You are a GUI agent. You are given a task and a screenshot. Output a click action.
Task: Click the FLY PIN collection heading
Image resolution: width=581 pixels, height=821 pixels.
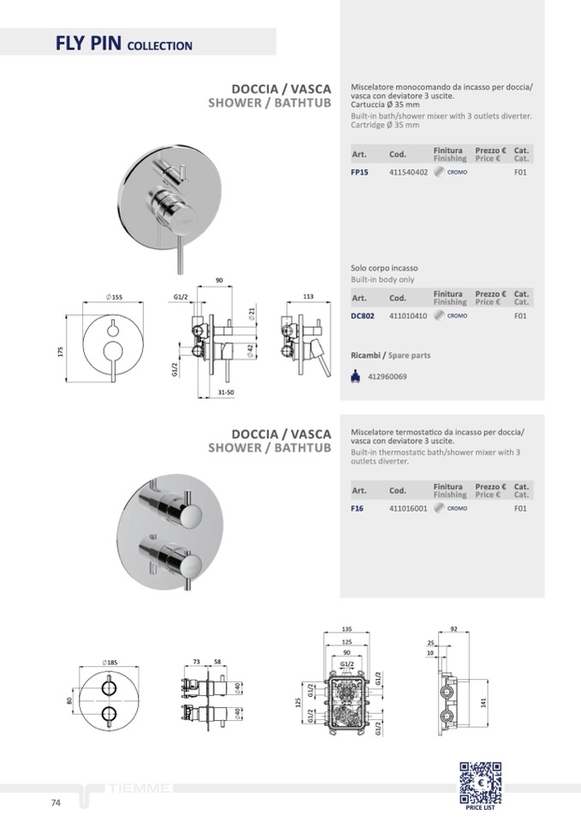[x=123, y=44]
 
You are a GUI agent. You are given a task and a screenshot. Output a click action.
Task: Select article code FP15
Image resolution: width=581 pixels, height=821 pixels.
[x=360, y=172]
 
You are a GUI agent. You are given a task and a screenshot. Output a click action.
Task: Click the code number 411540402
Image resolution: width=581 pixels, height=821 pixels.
[x=408, y=172]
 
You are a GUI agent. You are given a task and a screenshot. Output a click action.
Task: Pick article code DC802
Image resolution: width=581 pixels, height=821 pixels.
[x=362, y=316]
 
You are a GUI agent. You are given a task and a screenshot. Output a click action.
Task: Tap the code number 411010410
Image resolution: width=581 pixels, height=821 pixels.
[x=408, y=316]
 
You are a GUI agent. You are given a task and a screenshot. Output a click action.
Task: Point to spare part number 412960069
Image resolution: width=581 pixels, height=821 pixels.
[x=387, y=377]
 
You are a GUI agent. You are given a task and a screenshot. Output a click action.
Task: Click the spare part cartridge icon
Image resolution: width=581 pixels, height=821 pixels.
[x=356, y=376]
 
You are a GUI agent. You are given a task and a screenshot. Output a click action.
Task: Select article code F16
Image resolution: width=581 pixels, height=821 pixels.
[x=357, y=509]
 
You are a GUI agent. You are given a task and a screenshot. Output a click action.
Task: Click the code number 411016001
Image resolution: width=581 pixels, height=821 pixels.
[x=408, y=509]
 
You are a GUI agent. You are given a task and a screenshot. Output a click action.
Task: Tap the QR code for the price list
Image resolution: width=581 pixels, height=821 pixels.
[x=480, y=782]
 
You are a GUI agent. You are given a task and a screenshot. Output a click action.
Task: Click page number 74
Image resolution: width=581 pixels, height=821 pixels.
[x=56, y=803]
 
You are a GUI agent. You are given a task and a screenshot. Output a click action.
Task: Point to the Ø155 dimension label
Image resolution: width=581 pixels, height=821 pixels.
[x=114, y=297]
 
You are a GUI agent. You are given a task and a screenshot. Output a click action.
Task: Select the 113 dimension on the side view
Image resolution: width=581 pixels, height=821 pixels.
[x=308, y=296]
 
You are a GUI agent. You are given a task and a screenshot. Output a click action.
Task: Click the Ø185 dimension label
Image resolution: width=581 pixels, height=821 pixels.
[x=109, y=663]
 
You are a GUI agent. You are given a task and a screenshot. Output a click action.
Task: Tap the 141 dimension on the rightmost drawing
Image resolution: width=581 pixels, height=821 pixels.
[x=482, y=701]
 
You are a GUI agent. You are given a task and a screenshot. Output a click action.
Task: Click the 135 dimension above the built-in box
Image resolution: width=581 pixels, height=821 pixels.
[x=347, y=628]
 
